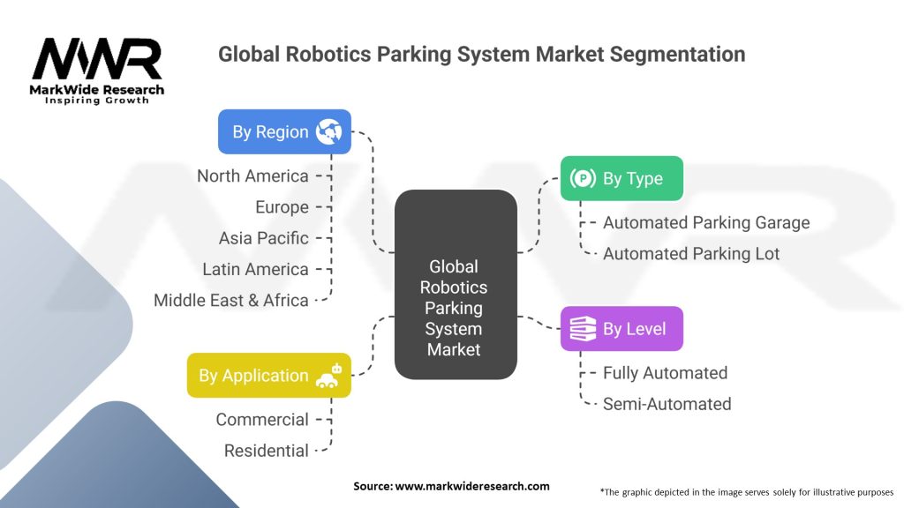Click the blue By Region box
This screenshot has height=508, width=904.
284,131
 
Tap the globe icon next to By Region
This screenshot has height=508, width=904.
328,131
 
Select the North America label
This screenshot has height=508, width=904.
252,176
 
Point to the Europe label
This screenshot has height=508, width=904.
282,207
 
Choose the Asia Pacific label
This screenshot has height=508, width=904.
263,238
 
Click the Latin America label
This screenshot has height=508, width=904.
255,269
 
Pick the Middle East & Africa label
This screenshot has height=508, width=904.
230,300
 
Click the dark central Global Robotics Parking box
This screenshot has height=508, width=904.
454,284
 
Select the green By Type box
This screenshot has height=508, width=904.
621,178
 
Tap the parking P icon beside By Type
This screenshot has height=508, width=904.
583,179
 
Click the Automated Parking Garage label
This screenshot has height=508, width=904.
705,223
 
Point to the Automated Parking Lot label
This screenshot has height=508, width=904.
691,254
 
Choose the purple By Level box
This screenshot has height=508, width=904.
621,329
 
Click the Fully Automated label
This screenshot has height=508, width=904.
665,373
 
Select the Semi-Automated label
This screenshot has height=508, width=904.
667,404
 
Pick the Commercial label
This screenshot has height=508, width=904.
262,420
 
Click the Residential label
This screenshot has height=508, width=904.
266,451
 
